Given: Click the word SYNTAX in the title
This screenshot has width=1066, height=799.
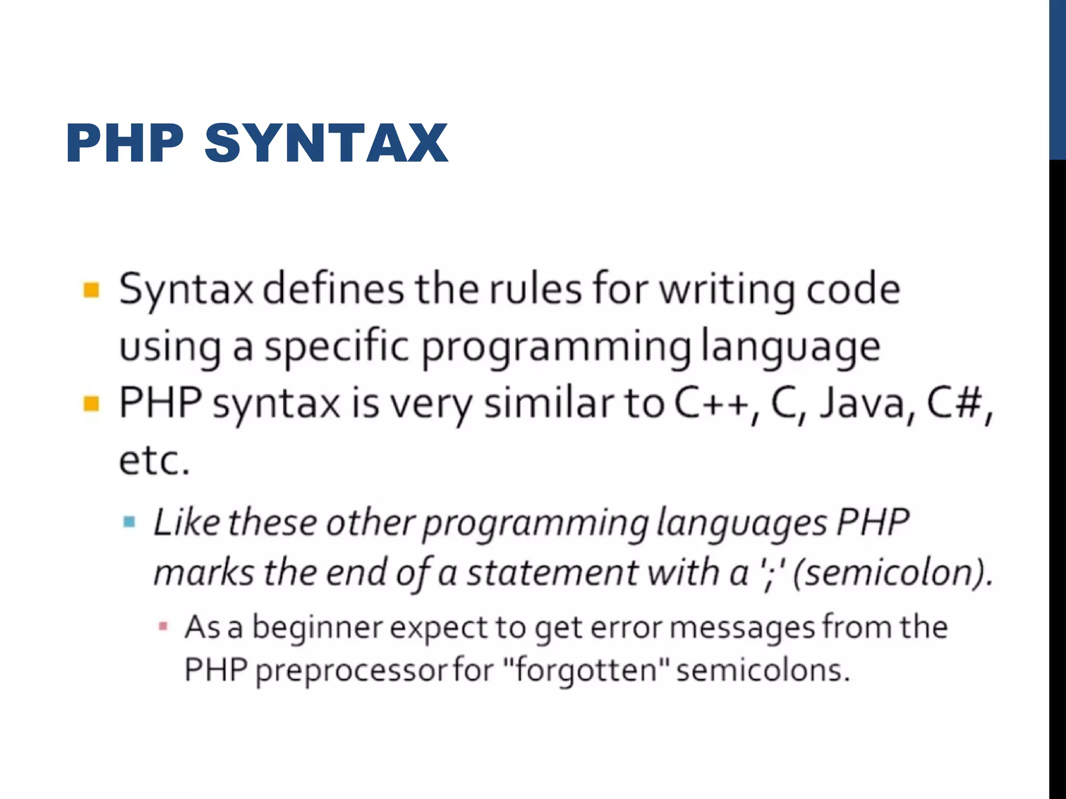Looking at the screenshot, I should [326, 143].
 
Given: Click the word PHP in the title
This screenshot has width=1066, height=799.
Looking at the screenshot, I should [125, 143].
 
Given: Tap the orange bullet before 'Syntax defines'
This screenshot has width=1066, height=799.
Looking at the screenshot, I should [92, 290].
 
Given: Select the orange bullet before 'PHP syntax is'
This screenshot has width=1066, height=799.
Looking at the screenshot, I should [92, 404].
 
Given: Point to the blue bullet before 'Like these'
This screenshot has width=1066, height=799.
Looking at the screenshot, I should [129, 522].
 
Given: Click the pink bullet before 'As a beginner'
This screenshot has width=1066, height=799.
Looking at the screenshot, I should [163, 626].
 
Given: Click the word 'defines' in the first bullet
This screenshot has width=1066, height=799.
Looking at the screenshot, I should [333, 289].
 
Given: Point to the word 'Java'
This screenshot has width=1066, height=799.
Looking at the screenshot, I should [862, 404].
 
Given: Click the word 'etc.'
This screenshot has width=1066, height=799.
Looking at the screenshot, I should [154, 461].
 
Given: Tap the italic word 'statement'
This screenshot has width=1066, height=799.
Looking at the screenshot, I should [552, 572].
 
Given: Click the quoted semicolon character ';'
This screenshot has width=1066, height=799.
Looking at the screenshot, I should [767, 572].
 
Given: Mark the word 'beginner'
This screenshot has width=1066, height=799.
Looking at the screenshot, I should [318, 627].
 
